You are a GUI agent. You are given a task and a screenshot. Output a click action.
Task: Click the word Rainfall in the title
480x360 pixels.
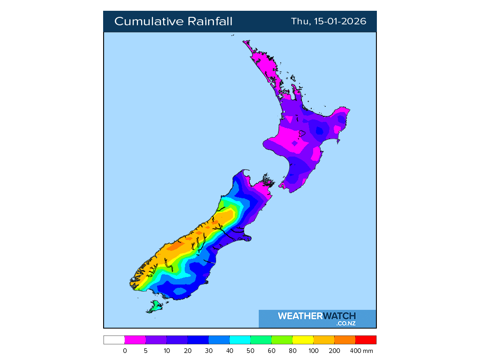[210, 22]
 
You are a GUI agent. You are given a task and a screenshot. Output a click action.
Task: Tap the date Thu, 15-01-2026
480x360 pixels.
[329, 22]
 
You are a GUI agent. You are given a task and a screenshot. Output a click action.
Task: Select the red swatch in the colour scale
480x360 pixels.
[366, 340]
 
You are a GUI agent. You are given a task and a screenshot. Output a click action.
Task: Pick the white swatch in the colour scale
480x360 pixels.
[114, 340]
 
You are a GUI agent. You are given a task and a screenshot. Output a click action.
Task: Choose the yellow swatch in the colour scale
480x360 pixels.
[303, 340]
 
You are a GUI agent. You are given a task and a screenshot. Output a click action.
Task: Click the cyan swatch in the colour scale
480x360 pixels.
[240, 340]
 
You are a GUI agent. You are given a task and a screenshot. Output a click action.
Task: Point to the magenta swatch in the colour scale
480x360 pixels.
[135, 340]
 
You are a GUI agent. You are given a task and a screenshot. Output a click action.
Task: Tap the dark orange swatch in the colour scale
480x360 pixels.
[345, 340]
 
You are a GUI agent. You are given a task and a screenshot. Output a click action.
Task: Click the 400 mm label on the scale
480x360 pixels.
[360, 351]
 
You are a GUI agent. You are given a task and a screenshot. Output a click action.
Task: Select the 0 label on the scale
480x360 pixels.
[125, 351]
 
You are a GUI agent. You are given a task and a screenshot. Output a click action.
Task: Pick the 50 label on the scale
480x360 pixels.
[251, 351]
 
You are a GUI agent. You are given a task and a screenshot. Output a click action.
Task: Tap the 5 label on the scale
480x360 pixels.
[146, 351]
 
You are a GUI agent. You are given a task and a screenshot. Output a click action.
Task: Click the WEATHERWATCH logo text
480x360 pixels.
[316, 316]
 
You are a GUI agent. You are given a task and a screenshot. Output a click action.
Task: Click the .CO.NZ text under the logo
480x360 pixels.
[345, 323]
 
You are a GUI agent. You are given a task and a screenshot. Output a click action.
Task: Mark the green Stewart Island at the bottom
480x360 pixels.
[155, 307]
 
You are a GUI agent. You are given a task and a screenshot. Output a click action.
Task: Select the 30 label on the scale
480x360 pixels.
[209, 351]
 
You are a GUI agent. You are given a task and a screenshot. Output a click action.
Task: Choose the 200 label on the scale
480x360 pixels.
[335, 351]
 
